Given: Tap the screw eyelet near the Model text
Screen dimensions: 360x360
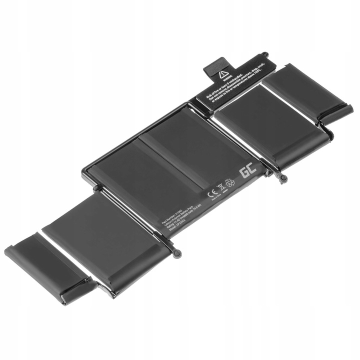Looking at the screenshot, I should click(178, 253).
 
